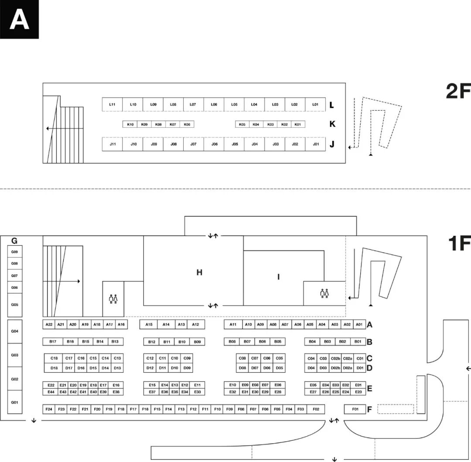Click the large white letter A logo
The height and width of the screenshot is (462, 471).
(x=19, y=20)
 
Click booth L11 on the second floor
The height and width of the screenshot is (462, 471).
(x=112, y=105)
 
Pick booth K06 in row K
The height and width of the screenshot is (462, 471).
(x=187, y=125)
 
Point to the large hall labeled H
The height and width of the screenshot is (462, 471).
(x=199, y=272)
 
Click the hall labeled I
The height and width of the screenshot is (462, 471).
(x=278, y=277)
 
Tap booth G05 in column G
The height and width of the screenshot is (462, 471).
(x=14, y=304)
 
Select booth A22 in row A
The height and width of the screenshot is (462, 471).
(x=49, y=324)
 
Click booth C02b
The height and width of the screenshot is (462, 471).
(x=335, y=358)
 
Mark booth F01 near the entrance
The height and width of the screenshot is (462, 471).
(x=355, y=409)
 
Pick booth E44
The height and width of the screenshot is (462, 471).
(x=51, y=392)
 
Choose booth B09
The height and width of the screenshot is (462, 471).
(x=198, y=342)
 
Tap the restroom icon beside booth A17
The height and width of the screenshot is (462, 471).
(x=113, y=299)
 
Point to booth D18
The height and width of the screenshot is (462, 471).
(x=54, y=368)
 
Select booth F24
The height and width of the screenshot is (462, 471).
(x=49, y=409)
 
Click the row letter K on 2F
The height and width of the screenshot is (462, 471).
(x=332, y=124)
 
